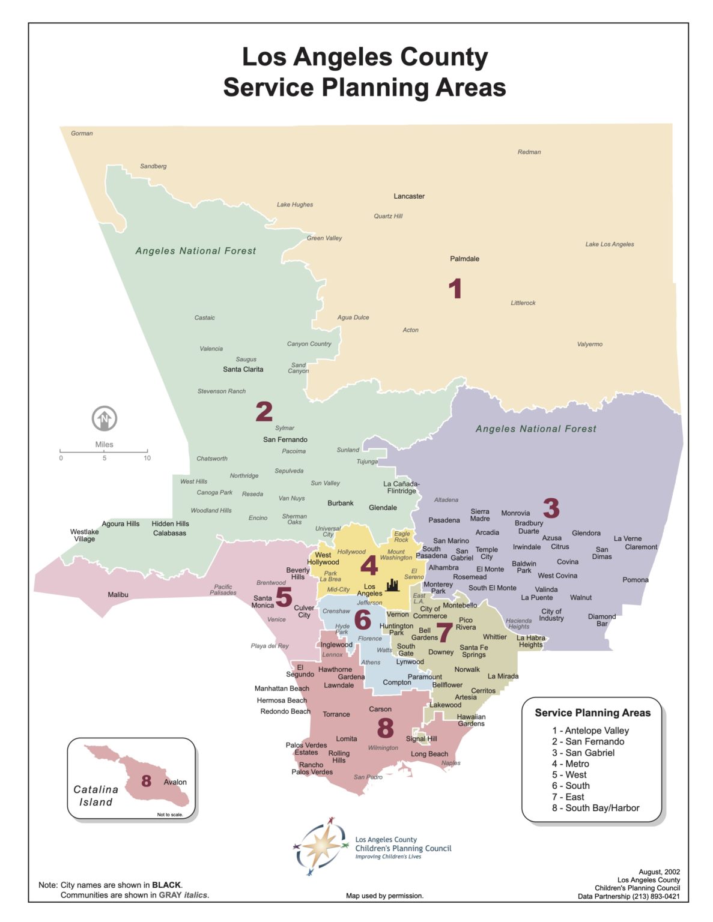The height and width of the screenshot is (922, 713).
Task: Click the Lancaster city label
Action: click(409, 196)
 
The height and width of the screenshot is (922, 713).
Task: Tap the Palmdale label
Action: click(464, 259)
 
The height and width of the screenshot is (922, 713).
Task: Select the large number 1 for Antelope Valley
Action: click(455, 289)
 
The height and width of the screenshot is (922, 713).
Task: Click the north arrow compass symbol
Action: click(105, 418)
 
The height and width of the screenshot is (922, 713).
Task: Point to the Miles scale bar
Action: click(104, 451)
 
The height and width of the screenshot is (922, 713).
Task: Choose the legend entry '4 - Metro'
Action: click(571, 764)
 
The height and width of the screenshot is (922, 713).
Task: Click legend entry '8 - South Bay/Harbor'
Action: click(595, 808)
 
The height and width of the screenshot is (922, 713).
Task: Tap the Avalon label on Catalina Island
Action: click(175, 782)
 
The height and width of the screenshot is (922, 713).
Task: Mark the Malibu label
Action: click(118, 595)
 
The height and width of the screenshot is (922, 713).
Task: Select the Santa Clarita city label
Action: click(243, 369)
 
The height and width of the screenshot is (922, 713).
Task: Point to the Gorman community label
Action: click(82, 133)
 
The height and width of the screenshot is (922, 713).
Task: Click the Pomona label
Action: click(635, 580)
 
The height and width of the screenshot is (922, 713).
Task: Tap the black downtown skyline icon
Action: click(392, 585)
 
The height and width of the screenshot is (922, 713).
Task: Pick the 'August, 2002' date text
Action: click(659, 872)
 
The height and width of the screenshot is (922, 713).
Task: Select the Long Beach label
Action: click(429, 754)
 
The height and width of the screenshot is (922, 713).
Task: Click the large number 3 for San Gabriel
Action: click(551, 508)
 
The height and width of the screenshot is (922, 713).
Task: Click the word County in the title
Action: click(443, 57)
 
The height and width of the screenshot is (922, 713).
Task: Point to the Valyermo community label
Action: click(589, 344)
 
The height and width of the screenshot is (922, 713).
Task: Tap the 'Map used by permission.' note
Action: click(384, 896)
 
